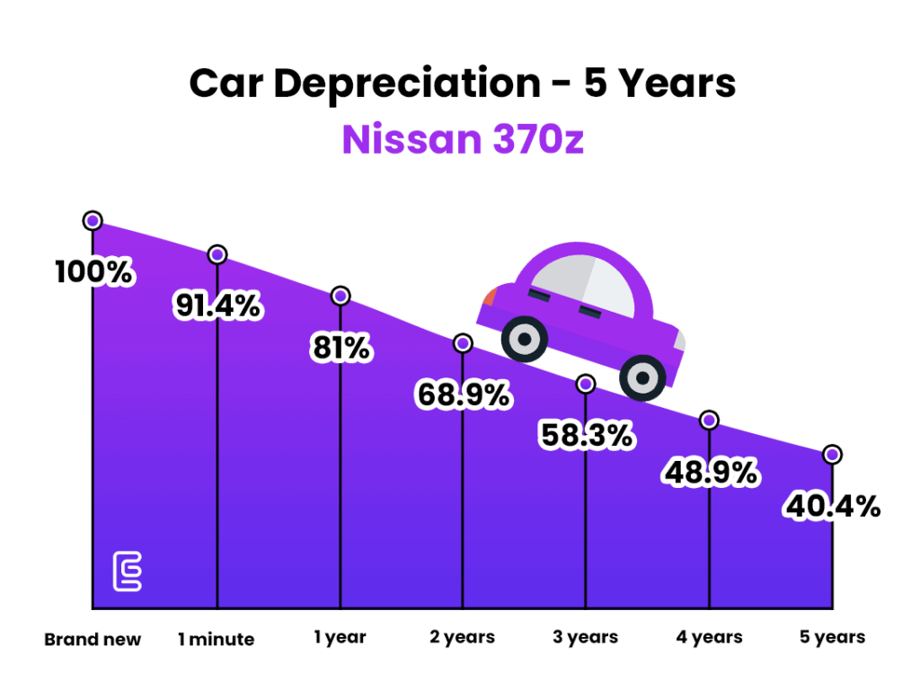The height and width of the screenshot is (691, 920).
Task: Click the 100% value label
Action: (94, 272)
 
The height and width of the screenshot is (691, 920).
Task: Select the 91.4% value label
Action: (217, 306)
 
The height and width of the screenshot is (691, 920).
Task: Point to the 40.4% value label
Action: (833, 507)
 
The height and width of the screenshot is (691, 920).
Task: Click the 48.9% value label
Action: (710, 472)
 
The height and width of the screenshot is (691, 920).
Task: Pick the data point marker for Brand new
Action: (93, 220)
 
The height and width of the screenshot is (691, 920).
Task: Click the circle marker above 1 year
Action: (341, 296)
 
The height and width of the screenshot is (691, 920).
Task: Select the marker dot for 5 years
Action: (833, 455)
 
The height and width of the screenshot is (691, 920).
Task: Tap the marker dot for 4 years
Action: (710, 420)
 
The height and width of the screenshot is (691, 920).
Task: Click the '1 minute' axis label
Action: (216, 640)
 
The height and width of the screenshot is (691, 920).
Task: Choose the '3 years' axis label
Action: (586, 637)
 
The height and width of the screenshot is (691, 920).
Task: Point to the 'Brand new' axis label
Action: (93, 640)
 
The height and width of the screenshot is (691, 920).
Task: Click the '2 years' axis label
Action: (463, 637)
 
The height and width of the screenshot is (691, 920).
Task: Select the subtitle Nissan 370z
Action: (463, 141)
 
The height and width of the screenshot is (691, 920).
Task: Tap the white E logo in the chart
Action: (127, 572)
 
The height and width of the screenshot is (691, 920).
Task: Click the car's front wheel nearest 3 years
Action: (643, 377)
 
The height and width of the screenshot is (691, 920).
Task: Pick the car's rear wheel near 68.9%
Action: (524, 340)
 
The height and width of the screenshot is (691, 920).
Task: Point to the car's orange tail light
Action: (490, 297)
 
